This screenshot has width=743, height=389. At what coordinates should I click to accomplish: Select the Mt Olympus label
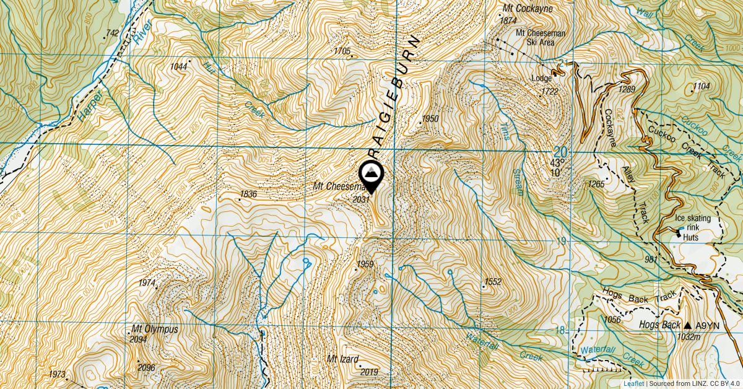pos(154,330)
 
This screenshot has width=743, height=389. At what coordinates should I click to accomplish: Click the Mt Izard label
pos(344,359)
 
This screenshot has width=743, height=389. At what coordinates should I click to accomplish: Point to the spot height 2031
pos(361,199)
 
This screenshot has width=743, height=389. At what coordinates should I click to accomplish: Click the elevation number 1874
pos(508,20)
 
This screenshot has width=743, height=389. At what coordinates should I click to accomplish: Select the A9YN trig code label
pos(708,325)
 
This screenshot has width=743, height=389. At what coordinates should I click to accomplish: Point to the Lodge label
pos(542,79)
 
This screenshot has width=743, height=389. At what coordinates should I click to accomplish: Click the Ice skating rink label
pos(697,222)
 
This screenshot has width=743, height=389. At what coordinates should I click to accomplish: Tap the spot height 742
pos(112,33)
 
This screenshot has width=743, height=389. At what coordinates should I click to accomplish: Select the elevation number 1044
pos(179,66)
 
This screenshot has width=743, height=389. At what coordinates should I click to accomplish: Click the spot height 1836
pos(248,194)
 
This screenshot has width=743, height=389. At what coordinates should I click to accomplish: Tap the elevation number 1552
pos(493,282)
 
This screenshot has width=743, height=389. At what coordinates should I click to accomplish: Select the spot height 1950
pos(430,118)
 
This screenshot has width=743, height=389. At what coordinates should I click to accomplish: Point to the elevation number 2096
pos(147,367)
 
